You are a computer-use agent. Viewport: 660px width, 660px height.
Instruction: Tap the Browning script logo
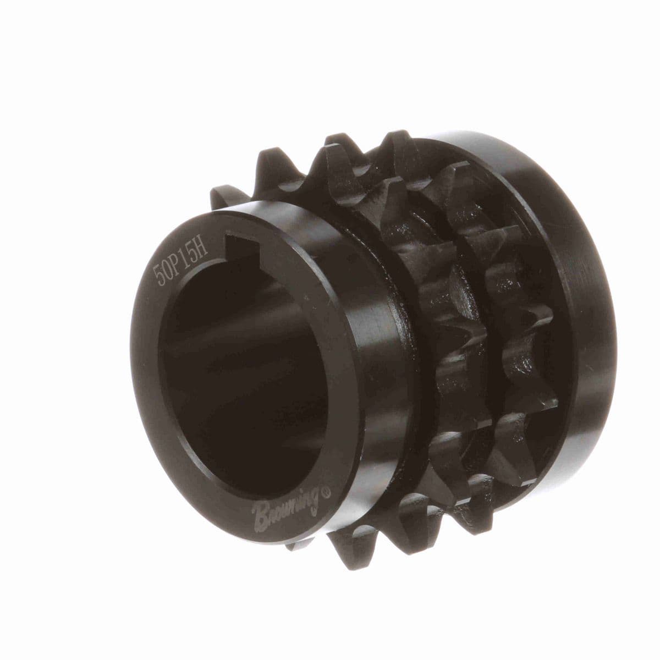285,507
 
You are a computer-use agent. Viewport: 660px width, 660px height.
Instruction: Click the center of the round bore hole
240,370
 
